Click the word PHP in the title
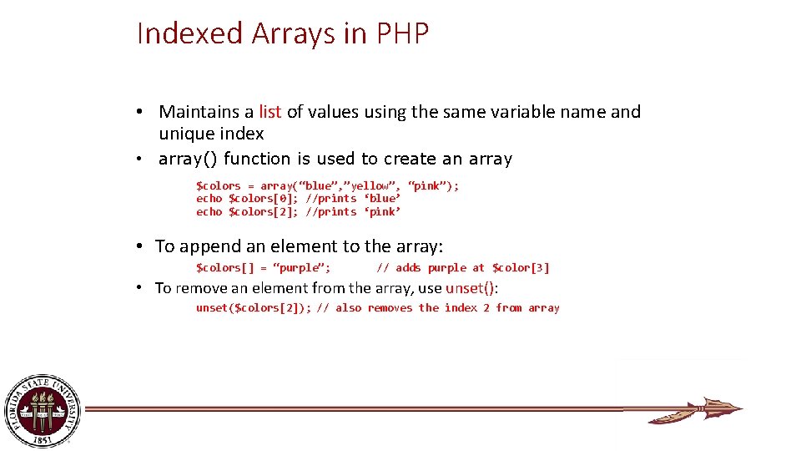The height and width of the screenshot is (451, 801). coord(403,33)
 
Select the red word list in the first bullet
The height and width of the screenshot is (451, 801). coord(270,112)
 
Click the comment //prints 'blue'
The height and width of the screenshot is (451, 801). coord(353,199)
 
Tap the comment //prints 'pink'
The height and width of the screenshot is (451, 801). coord(353,212)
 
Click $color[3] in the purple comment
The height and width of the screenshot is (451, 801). coord(521,268)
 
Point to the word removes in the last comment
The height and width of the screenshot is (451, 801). coord(390,308)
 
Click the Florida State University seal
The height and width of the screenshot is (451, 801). coord(43,410)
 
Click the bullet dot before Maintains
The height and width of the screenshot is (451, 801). coord(144,113)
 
